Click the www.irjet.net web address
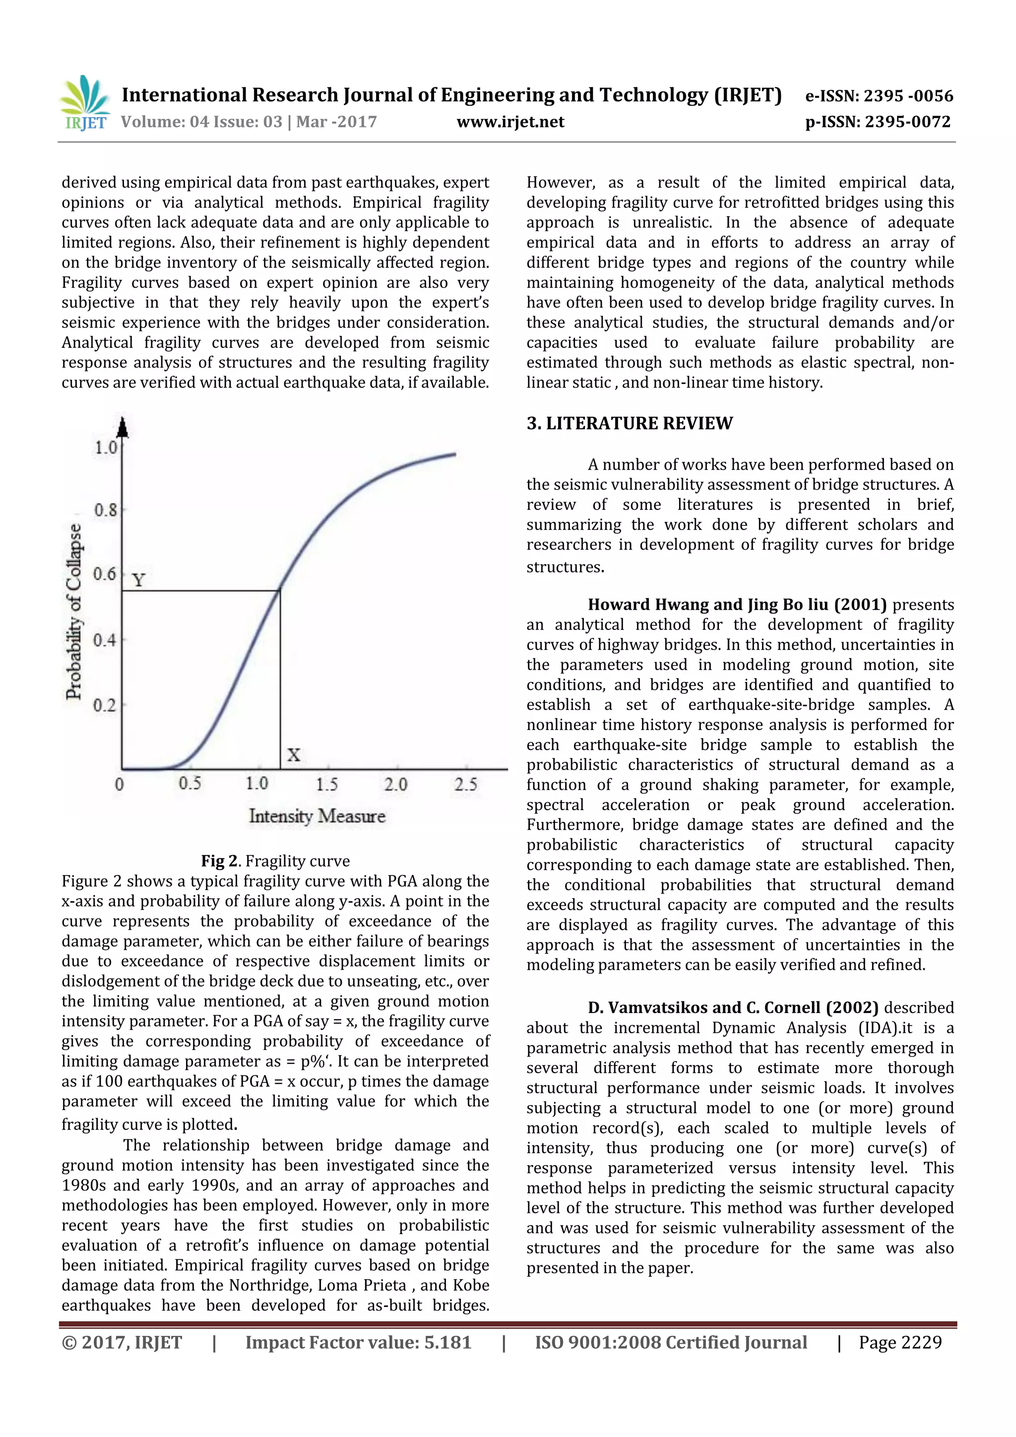510,122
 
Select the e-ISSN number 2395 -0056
908,96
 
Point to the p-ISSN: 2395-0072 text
878,122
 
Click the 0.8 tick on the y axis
105,509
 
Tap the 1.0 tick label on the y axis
105,447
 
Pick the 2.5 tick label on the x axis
465,784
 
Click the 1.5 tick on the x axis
326,784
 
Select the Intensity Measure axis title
317,815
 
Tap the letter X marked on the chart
293,755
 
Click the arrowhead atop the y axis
123,427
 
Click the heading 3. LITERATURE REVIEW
629,424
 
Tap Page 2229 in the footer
899,1342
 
